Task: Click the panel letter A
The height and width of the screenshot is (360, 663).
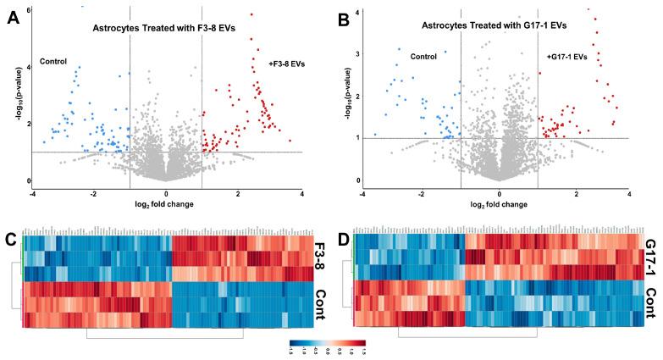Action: tap(14, 19)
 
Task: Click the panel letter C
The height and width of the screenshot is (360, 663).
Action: tap(10, 239)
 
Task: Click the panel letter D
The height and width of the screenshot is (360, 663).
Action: tap(341, 239)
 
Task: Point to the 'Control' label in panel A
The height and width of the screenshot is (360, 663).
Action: tap(53, 63)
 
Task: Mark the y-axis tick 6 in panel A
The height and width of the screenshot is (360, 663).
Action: tap(29, 9)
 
